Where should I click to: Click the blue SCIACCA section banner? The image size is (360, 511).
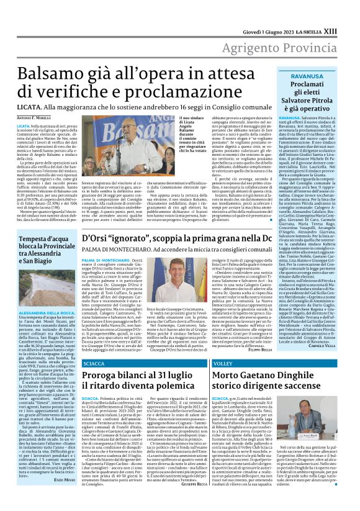click(x=92, y=362)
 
